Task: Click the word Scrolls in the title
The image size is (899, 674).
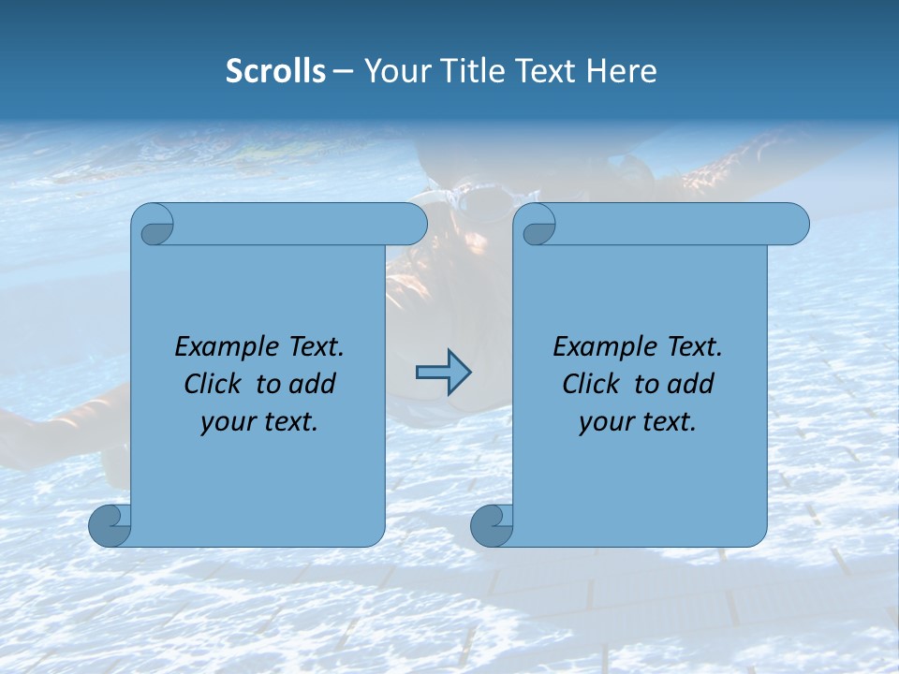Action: pyautogui.click(x=275, y=71)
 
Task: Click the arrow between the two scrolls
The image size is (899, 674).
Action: pyautogui.click(x=443, y=372)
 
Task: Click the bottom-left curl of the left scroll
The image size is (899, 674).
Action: pyautogui.click(x=108, y=525)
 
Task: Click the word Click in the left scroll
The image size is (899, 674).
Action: pyautogui.click(x=214, y=384)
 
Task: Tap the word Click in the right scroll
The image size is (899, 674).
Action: pyautogui.click(x=593, y=384)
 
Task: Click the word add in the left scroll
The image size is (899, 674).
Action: pyautogui.click(x=314, y=384)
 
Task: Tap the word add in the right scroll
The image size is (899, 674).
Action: pyautogui.click(x=692, y=384)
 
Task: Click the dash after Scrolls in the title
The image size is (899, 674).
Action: pyautogui.click(x=343, y=71)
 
